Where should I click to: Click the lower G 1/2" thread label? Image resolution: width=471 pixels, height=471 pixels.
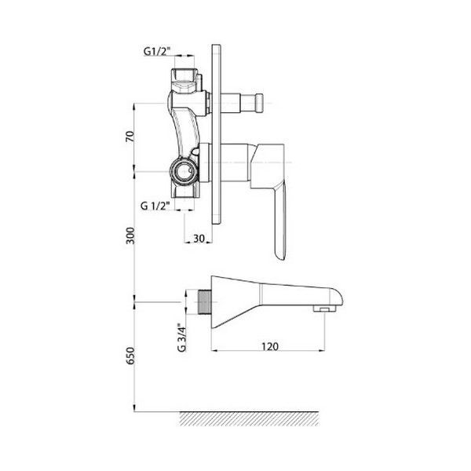pos(157,206)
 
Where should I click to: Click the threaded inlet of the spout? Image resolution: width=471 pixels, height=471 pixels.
pos(206,302)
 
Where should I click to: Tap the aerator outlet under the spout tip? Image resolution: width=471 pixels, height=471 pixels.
pos(322,312)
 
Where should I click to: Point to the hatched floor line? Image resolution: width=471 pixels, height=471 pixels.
pos(251,417)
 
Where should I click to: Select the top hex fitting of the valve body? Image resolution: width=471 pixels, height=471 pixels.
pos(185,77)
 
